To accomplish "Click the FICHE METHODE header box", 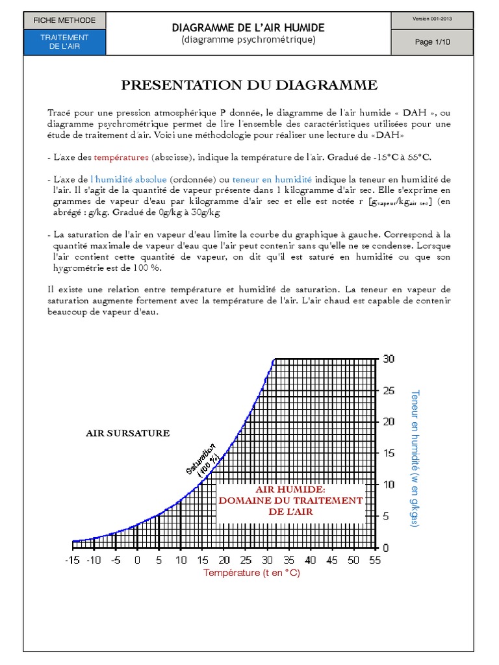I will click(64, 20).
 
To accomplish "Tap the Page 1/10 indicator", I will click(432, 42).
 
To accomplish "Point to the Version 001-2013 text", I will click(432, 19).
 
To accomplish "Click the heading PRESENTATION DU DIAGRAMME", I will click(249, 85).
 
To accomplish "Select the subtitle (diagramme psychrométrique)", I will click(248, 40).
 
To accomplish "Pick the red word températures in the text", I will click(122, 157).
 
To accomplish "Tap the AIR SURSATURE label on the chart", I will click(128, 433).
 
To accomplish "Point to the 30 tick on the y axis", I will click(389, 359).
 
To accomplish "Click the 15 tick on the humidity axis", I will click(389, 453).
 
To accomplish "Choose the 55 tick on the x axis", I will click(374, 560).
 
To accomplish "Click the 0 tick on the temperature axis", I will click(137, 560).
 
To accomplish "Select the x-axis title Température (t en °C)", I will click(251, 573).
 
